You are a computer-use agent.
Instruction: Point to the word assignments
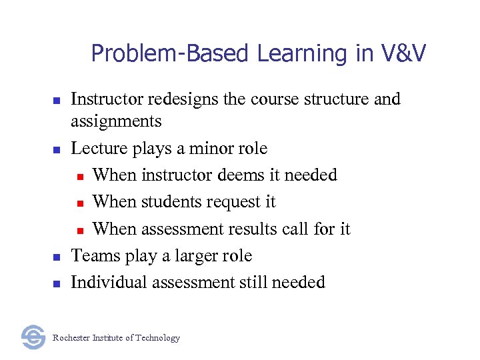pyautogui.click(x=116, y=121)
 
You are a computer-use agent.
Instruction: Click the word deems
pyautogui.click(x=241, y=175)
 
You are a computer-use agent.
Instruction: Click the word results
pyautogui.click(x=255, y=229)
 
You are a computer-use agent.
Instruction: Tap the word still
pyautogui.click(x=254, y=283)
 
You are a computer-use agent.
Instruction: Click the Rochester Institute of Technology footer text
pyautogui.click(x=116, y=338)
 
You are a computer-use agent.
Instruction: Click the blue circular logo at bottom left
pyautogui.click(x=33, y=337)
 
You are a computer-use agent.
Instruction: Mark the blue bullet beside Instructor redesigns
pyautogui.click(x=57, y=101)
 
